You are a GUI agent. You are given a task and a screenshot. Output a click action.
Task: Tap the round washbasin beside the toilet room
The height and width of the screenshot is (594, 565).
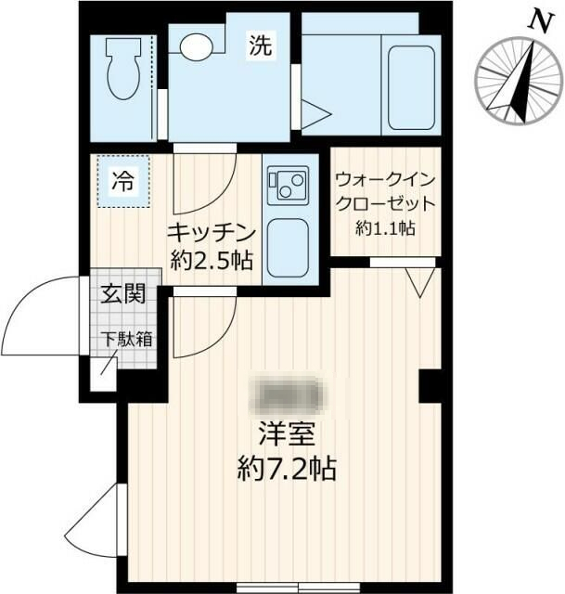195,46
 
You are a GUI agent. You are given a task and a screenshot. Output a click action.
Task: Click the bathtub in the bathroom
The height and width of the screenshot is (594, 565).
409,80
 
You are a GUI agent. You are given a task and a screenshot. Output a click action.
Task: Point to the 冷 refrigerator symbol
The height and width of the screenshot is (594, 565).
122,182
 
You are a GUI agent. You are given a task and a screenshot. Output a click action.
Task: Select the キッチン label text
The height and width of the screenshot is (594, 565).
210,231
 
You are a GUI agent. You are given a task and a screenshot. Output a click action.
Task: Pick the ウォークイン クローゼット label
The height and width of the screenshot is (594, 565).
383,190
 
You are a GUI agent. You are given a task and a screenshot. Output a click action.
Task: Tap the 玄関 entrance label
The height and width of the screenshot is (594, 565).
122,296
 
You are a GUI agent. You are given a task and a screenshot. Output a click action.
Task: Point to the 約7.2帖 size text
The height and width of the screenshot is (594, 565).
285,467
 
